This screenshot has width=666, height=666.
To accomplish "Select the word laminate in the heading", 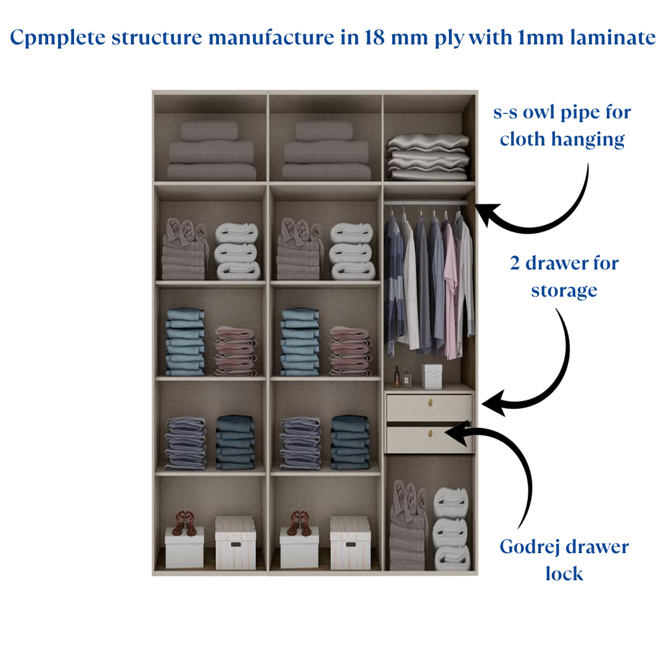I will [x=613, y=38].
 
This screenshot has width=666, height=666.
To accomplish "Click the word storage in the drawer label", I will [x=564, y=290].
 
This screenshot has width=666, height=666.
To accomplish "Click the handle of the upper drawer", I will [x=429, y=403].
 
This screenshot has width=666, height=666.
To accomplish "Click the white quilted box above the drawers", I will [x=432, y=376].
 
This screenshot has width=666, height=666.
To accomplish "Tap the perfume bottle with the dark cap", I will [x=397, y=377].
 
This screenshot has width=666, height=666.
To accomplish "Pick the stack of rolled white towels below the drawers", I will [x=451, y=529].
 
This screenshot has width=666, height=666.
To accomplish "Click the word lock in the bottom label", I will [x=564, y=574].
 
